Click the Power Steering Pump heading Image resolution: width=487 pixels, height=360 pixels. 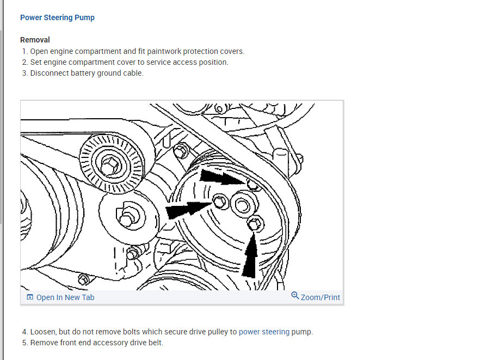[57, 18]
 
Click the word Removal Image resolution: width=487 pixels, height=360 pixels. [35, 40]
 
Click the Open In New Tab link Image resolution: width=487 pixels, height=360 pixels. [65, 297]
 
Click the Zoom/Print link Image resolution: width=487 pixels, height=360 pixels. [320, 297]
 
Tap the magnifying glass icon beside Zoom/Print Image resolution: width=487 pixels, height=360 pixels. [295, 296]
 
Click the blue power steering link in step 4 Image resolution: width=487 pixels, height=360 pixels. [264, 332]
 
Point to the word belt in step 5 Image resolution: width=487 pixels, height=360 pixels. [156, 343]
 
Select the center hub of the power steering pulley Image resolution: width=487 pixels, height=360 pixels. [243, 205]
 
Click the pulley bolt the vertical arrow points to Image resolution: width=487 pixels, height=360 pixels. [255, 223]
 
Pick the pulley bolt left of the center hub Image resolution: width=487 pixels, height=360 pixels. [220, 202]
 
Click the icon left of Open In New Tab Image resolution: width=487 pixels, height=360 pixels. [30, 297]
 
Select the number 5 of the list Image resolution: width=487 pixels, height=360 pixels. [25, 343]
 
